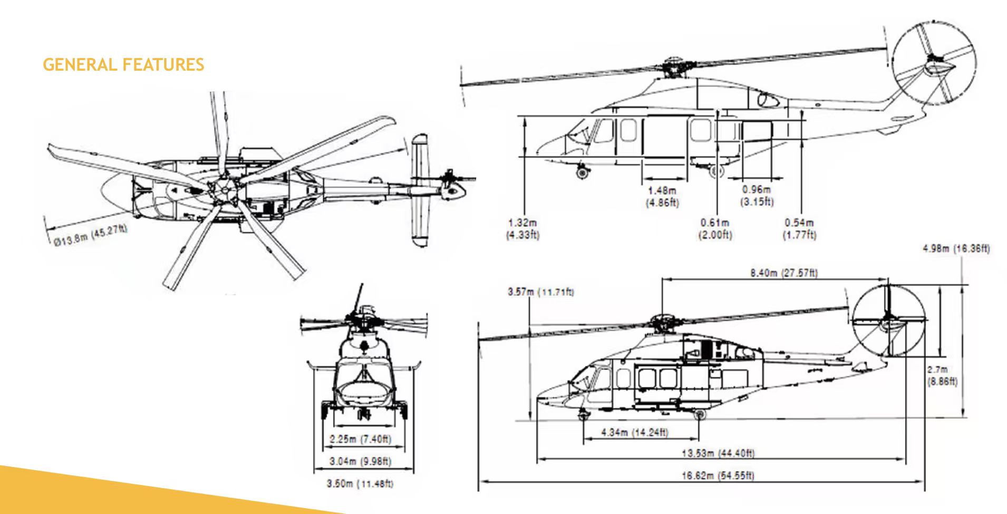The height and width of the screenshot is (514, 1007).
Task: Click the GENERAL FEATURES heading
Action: click(123, 65)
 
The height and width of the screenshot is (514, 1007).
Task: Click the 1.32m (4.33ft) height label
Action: click(522, 229)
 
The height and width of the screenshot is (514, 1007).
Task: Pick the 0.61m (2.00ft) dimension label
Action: click(715, 229)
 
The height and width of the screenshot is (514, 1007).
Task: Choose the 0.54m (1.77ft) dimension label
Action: click(799, 229)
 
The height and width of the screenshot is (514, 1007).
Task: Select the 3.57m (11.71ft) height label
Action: click(540, 292)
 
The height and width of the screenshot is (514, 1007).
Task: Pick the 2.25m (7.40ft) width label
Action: click(361, 439)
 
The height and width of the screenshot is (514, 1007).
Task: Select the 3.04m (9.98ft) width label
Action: click(361, 461)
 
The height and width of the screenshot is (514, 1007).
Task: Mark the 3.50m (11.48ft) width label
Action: click(361, 484)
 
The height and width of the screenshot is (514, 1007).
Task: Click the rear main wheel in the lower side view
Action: click(700, 415)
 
